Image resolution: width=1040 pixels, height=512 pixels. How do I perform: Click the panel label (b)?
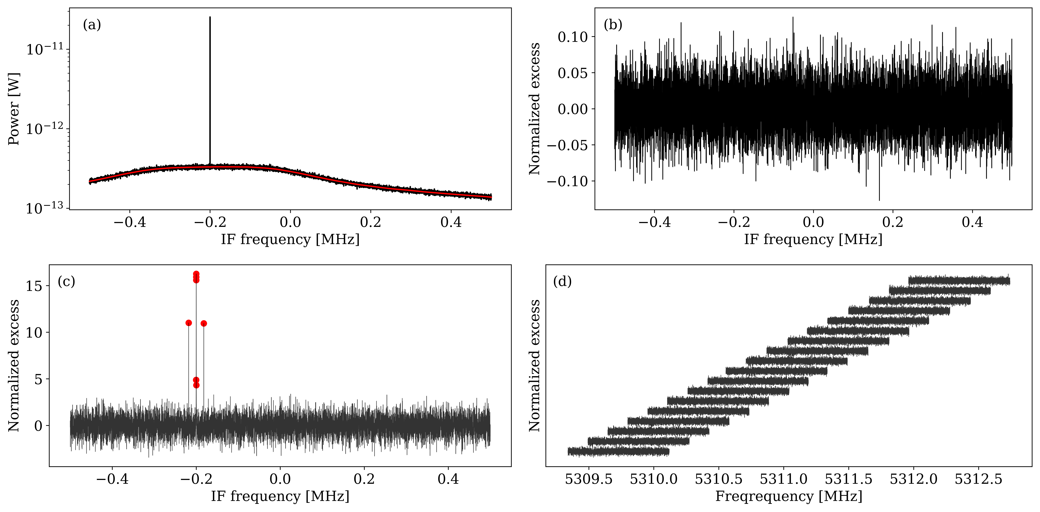[x=613, y=25]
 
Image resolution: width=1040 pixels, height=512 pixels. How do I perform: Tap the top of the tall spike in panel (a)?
[x=210, y=17]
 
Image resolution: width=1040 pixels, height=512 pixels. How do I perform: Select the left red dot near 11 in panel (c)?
[x=189, y=323]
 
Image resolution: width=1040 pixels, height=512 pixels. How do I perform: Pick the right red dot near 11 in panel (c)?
[x=204, y=323]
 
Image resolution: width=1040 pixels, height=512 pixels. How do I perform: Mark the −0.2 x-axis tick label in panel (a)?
[x=210, y=222]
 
